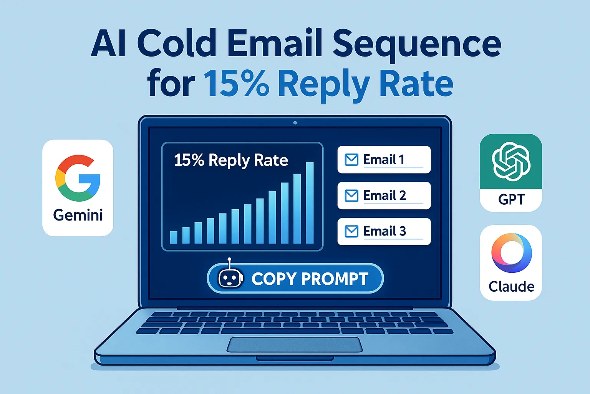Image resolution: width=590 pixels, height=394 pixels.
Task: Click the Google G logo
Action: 78,178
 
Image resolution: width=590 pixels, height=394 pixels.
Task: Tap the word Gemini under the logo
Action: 78,215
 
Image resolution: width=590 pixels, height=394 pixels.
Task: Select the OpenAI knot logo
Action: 511,162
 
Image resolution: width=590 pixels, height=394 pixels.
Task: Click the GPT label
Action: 511,200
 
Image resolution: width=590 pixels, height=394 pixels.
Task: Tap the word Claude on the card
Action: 511,287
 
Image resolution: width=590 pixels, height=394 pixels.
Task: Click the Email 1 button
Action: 384,160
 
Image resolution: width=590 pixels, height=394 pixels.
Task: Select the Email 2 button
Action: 384,195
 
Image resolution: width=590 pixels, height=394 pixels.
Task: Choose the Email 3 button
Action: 384,231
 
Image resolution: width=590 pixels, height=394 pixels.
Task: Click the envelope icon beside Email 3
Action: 351,231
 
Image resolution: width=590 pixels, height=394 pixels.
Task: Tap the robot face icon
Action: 230,278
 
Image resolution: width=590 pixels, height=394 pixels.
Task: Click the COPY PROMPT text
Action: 310,279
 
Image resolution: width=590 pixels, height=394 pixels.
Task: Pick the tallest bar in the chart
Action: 309,203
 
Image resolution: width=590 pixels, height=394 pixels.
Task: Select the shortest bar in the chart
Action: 174,237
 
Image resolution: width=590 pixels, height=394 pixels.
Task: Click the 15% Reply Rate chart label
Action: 231,160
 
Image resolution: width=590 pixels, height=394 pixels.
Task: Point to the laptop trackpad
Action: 295,344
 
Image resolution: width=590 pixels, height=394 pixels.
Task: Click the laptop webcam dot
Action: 295,123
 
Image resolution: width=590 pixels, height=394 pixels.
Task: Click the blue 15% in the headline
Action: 236,84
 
